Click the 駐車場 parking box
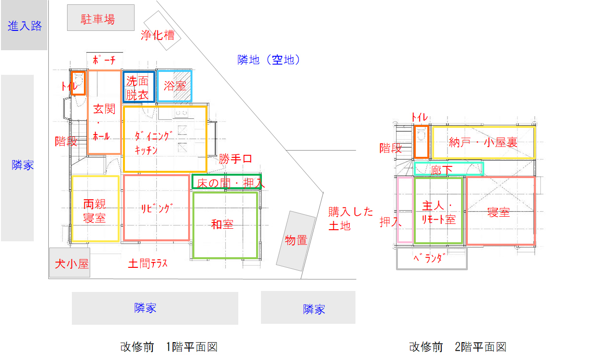(100, 18)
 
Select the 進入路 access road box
(25, 26)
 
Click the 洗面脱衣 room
(138, 87)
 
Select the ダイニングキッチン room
(164, 139)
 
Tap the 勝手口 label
(235, 159)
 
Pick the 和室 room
(225, 225)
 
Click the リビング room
(156, 208)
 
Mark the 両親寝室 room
(95, 209)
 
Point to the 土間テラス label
(148, 263)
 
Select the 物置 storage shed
(295, 240)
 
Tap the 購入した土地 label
(351, 218)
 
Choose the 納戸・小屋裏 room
(483, 142)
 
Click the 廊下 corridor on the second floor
(449, 169)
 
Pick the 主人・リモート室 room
(438, 211)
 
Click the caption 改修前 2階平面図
(457, 346)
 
